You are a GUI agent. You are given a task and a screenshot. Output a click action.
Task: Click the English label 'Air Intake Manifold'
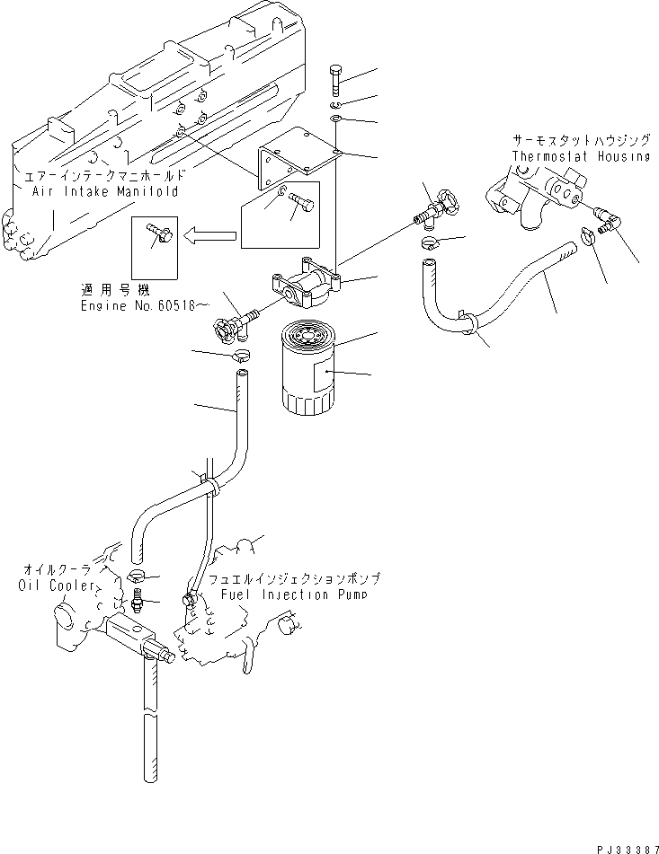[105, 191]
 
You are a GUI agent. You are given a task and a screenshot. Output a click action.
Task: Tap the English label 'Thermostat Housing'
[580, 156]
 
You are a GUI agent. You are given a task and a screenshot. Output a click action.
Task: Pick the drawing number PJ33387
[620, 843]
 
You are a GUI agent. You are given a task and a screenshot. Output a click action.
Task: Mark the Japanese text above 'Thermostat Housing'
[580, 142]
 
